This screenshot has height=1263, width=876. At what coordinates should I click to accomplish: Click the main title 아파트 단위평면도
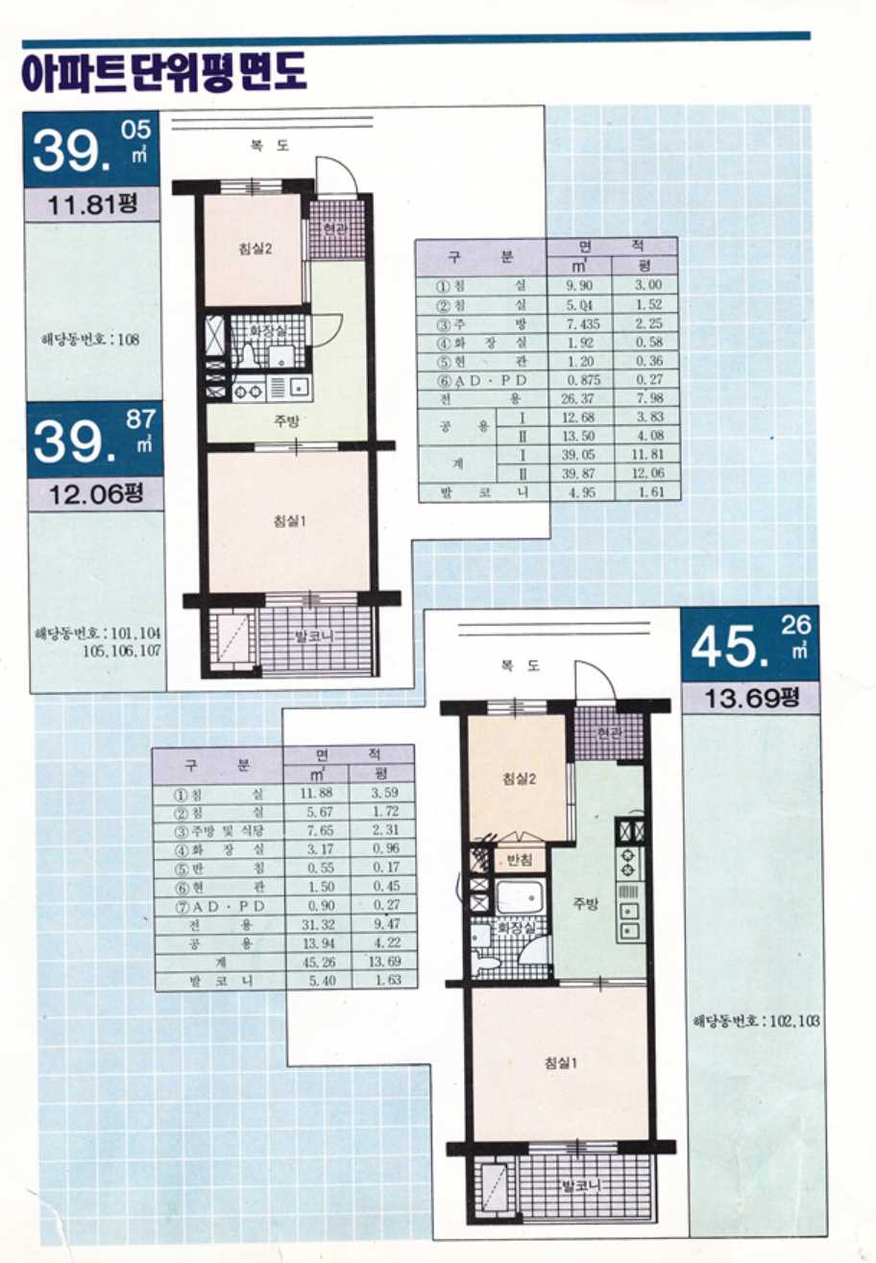pyautogui.click(x=163, y=72)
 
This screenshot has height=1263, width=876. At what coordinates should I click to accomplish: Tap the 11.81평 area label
pyautogui.click(x=92, y=203)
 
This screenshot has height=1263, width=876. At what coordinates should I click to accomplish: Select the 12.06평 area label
pyautogui.click(x=95, y=494)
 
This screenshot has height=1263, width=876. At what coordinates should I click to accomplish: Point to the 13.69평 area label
pyautogui.click(x=752, y=698)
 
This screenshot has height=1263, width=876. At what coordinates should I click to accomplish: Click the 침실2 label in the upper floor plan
pyautogui.click(x=255, y=248)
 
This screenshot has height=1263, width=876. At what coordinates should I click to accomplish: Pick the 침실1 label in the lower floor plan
pyautogui.click(x=561, y=1062)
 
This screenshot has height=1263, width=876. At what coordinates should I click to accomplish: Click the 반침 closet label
pyautogui.click(x=520, y=860)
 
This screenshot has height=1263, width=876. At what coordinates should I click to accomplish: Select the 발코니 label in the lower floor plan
pyautogui.click(x=581, y=1186)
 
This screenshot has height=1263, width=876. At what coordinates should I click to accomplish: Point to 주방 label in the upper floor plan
pyautogui.click(x=287, y=420)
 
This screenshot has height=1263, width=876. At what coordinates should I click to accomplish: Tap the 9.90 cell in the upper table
pyautogui.click(x=578, y=285)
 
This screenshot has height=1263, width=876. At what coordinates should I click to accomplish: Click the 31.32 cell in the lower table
pyautogui.click(x=318, y=924)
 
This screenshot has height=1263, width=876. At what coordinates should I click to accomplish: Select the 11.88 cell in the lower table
pyautogui.click(x=317, y=793)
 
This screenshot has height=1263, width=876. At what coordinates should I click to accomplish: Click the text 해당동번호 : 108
pyautogui.click(x=90, y=340)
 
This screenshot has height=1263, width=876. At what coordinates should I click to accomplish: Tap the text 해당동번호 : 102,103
pyautogui.click(x=756, y=1021)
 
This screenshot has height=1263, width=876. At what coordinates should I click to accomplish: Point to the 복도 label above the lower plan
pyautogui.click(x=520, y=666)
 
